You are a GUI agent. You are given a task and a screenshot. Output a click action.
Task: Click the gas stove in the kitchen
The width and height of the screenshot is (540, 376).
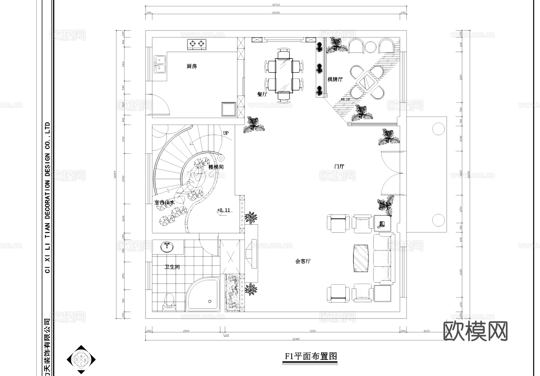click(x=197, y=44)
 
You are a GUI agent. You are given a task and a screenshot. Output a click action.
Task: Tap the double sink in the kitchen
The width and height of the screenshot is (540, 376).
click(x=160, y=64)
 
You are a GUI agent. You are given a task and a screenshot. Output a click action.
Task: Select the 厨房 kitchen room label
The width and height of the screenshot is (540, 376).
click(x=192, y=66)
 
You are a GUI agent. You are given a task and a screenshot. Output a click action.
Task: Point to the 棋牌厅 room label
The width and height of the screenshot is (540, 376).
click(x=335, y=79)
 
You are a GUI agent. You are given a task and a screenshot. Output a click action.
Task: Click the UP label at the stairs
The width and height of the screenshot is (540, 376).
click(x=226, y=133)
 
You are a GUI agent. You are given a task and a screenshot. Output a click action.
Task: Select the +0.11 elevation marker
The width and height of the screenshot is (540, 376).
click(x=223, y=210)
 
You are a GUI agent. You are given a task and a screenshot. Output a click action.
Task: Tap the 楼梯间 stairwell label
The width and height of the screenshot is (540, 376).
click(x=216, y=167)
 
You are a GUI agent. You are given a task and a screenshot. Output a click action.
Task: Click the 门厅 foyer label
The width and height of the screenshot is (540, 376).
click(x=339, y=166)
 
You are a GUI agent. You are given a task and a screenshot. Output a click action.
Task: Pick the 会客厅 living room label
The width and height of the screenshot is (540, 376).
click(x=303, y=261)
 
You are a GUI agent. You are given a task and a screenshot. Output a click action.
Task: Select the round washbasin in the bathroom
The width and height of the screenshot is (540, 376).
click(x=167, y=247)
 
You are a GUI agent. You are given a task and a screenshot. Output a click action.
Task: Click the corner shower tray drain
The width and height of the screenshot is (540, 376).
click(x=210, y=301)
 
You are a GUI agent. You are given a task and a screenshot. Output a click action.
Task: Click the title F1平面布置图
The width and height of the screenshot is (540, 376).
click(x=311, y=357)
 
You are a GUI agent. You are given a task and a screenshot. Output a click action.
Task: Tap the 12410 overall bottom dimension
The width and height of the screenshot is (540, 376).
click(x=296, y=339)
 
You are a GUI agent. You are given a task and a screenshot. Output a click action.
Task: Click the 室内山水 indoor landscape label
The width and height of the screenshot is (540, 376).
click(x=164, y=203)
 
